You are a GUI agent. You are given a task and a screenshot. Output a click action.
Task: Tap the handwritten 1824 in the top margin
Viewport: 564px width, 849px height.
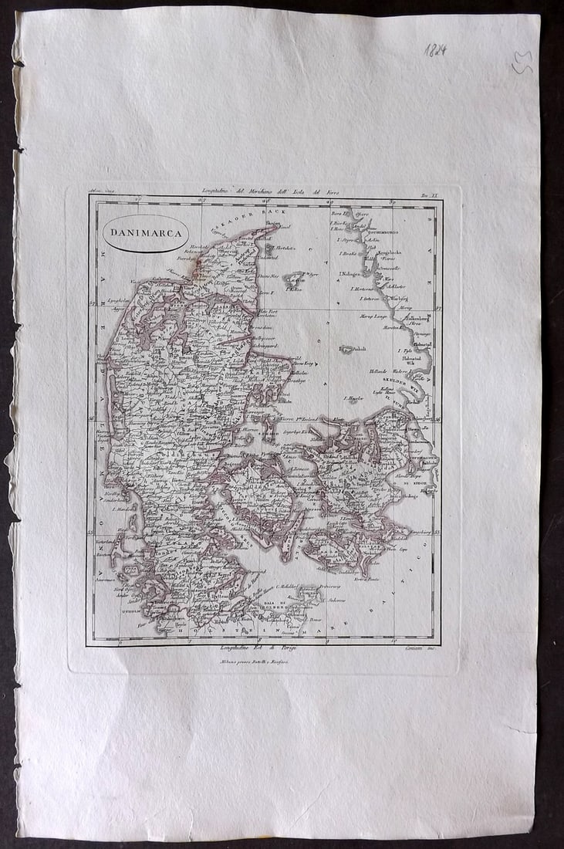(436, 51)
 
